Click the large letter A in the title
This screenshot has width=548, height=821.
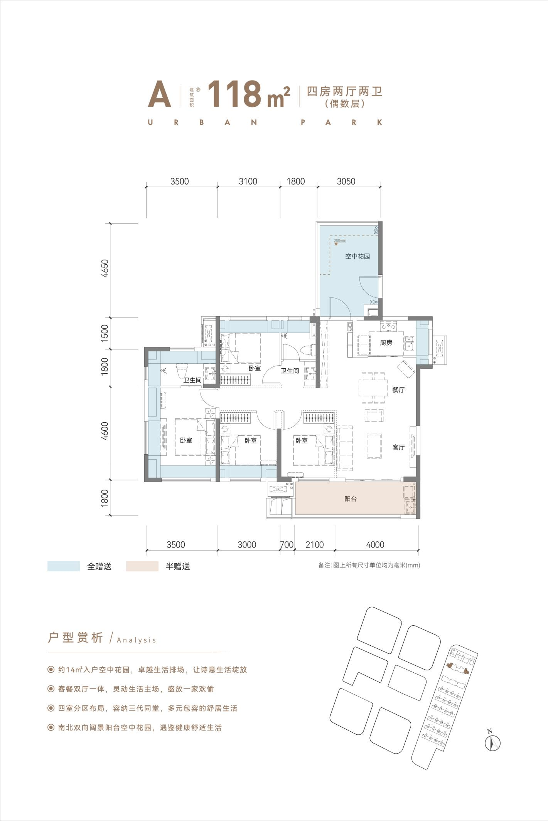[159, 94]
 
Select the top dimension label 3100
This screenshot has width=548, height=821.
[248, 181]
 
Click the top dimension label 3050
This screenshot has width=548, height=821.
[346, 181]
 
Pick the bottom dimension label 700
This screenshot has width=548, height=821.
[287, 545]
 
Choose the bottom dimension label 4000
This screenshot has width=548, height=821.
[375, 545]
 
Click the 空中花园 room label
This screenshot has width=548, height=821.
[357, 256]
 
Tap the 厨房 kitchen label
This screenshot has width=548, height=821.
[386, 343]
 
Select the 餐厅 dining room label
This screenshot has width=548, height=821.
[398, 390]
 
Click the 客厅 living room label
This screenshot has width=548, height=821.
[398, 447]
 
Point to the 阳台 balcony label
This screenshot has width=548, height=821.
[351, 499]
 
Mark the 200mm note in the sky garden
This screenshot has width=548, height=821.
[340, 240]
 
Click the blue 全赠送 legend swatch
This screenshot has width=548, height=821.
[64, 566]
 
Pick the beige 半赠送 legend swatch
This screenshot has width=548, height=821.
[142, 566]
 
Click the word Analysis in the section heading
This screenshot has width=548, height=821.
[137, 640]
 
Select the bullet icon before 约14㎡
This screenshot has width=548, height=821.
[51, 670]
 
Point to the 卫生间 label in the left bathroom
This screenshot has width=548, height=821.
[192, 380]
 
